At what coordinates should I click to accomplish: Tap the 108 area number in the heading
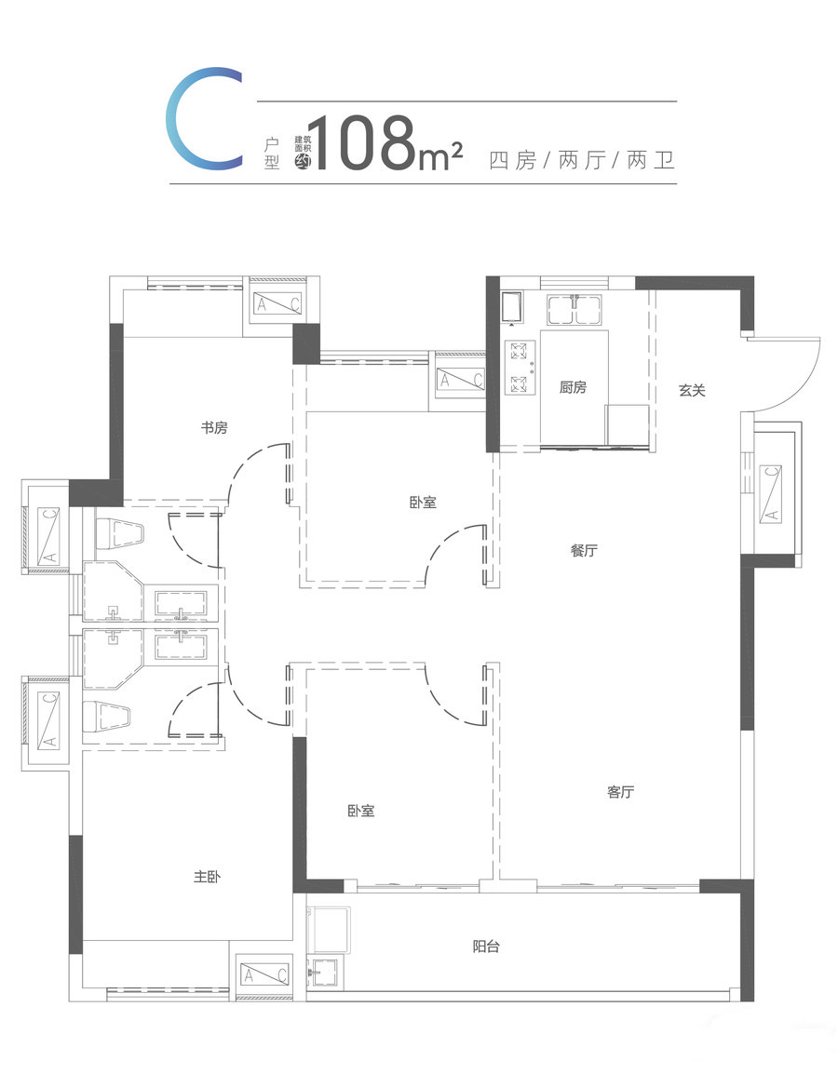(x=366, y=143)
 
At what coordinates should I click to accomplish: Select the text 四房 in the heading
(x=512, y=160)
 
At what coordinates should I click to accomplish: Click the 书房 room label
(x=214, y=428)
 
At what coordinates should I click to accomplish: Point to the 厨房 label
(x=573, y=387)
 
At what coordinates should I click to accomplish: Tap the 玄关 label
(x=692, y=390)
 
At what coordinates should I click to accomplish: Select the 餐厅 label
(x=585, y=550)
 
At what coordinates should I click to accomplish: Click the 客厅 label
(x=621, y=792)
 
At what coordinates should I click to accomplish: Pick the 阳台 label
(x=486, y=946)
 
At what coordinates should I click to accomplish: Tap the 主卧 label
(x=207, y=876)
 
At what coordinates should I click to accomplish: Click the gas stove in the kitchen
(x=520, y=368)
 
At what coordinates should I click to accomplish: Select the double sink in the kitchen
(x=574, y=309)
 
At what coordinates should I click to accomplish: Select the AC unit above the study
(x=277, y=303)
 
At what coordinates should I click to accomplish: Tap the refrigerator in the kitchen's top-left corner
(x=511, y=306)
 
